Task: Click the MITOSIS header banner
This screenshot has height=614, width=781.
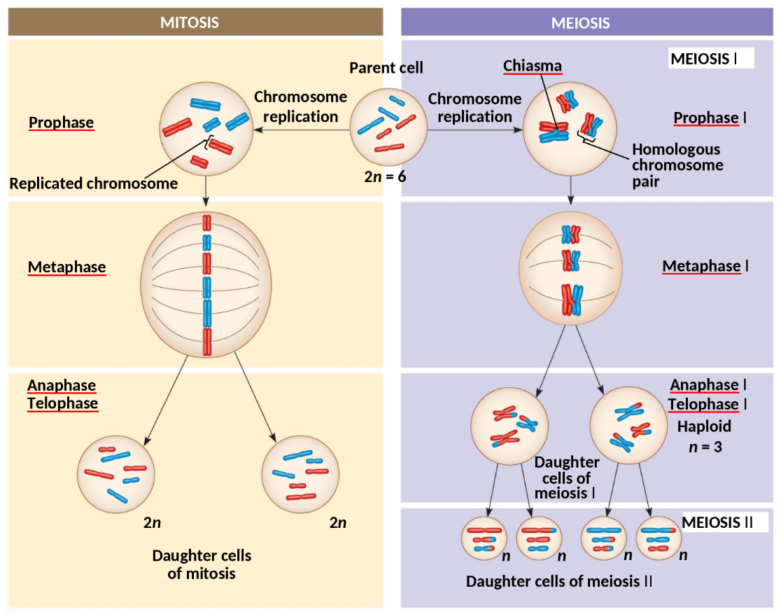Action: point(195,22)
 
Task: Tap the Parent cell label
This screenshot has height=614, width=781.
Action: point(386,68)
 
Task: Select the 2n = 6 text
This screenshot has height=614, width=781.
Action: point(385,176)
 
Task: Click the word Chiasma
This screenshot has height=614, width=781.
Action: point(533,66)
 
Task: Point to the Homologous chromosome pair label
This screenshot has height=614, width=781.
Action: point(677,166)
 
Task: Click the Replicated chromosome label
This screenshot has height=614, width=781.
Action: point(93,184)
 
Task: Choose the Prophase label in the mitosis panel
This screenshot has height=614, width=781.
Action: point(61,123)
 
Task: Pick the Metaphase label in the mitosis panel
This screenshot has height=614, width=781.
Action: point(66,267)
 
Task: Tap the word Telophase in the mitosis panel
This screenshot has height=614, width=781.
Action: point(62,403)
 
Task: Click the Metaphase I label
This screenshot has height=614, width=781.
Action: point(705,266)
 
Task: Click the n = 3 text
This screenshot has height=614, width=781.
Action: point(705,447)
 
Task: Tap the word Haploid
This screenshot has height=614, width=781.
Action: point(704,426)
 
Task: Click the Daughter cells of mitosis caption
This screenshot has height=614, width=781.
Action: point(202,564)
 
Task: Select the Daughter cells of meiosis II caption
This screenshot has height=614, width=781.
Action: point(559,582)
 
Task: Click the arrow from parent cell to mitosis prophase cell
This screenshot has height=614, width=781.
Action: point(301,130)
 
